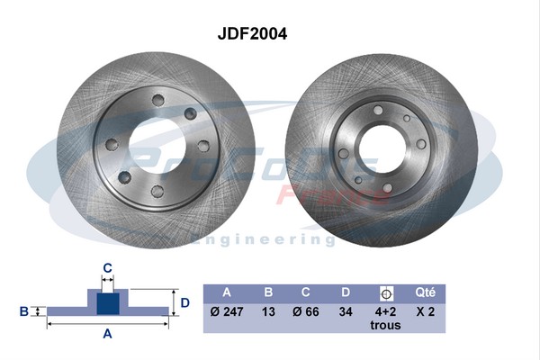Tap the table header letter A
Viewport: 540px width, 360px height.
tap(226, 292)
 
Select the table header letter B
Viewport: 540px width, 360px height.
tap(267, 292)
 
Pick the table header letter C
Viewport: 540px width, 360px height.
tap(307, 292)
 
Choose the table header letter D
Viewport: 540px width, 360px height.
tap(346, 292)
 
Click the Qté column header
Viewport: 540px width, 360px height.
tap(425, 292)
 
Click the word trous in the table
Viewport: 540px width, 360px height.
tap(385, 325)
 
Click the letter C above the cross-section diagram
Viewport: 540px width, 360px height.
tap(107, 266)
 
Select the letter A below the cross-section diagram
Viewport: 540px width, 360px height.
tap(107, 334)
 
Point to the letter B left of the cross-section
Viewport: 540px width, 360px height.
tap(24, 311)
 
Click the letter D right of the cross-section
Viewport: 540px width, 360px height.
tap(184, 303)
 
